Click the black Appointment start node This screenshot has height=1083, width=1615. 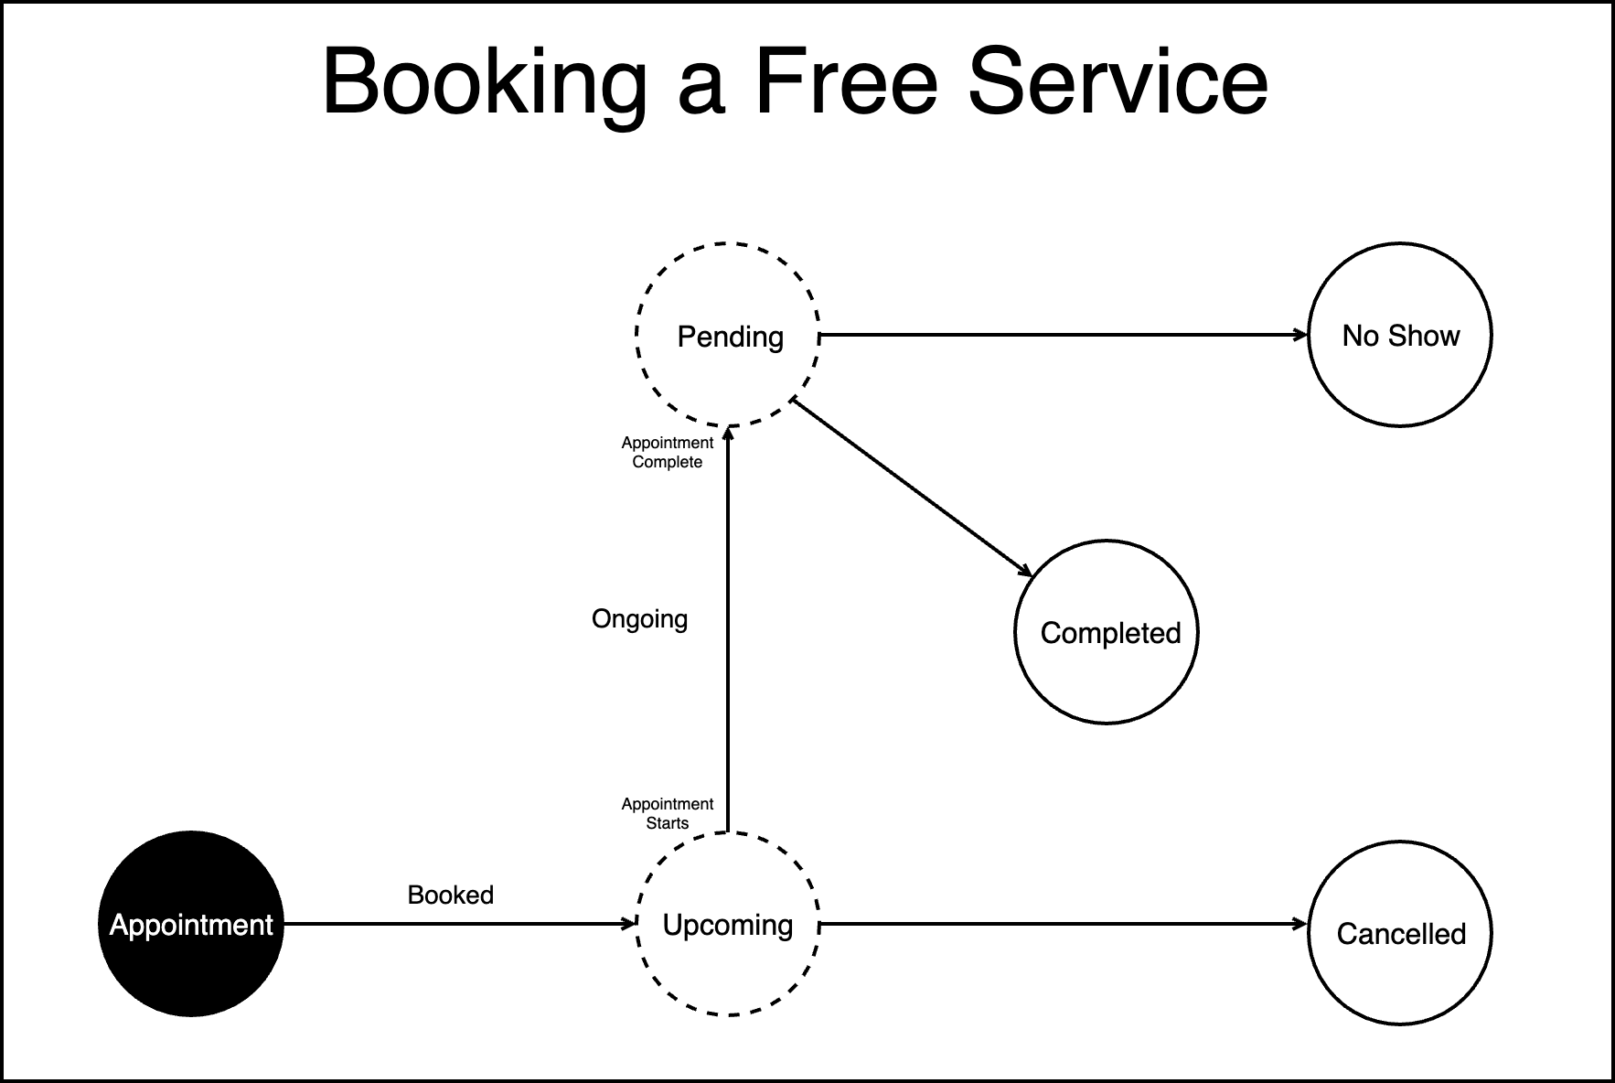click(x=191, y=924)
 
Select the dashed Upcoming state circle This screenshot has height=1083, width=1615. click(x=728, y=924)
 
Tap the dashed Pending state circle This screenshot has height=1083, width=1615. click(x=728, y=335)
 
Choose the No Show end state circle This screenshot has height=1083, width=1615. click(x=1400, y=335)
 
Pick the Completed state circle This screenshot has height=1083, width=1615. click(x=1107, y=632)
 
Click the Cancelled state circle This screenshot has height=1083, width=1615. click(x=1400, y=933)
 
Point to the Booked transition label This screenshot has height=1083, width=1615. click(x=450, y=895)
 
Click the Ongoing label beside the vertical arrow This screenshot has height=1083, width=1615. click(x=639, y=619)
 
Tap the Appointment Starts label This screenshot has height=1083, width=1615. click(x=668, y=813)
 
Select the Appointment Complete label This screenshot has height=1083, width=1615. click(x=668, y=452)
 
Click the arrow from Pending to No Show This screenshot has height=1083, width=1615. click(x=1061, y=336)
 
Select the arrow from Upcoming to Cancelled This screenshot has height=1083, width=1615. click(x=1061, y=925)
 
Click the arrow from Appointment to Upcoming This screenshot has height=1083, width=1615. click(x=457, y=925)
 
